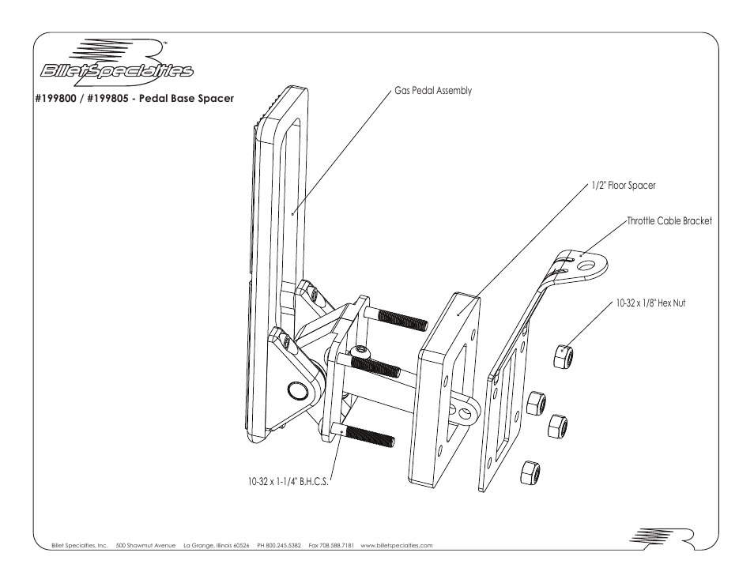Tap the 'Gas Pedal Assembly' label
[433, 91]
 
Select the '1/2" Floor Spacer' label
[624, 186]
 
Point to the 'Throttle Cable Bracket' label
[669, 221]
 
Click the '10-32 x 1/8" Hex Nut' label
[650, 303]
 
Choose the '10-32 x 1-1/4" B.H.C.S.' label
[285, 480]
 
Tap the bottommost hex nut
[529, 473]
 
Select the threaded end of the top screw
[403, 320]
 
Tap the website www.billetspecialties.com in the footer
[396, 546]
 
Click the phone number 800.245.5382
[281, 546]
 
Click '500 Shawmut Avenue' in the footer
[145, 546]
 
